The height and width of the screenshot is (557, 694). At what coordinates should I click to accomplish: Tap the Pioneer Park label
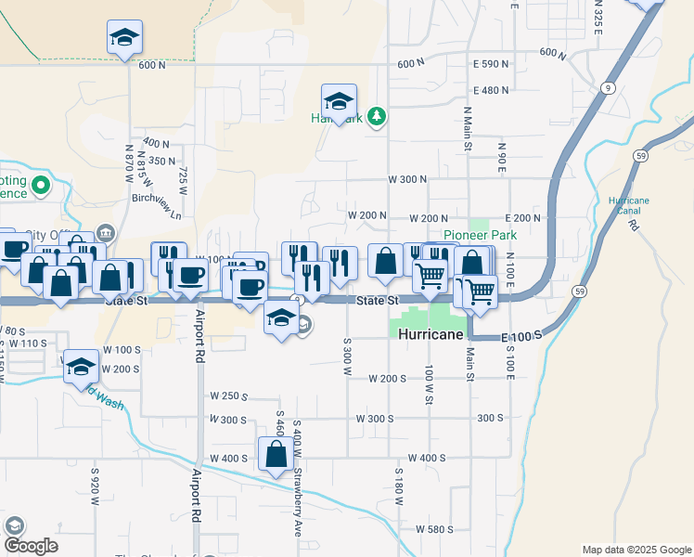tap(479, 236)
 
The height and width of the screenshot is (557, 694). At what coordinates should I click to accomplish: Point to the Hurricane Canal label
tap(629, 206)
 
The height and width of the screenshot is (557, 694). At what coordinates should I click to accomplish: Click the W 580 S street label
tap(434, 529)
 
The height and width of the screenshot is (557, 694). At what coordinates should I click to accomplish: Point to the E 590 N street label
tap(491, 64)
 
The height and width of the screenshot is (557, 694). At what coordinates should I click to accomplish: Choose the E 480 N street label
tap(491, 91)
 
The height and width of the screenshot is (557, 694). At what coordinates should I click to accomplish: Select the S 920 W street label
tap(95, 486)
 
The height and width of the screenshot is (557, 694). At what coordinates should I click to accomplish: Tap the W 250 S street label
tap(229, 396)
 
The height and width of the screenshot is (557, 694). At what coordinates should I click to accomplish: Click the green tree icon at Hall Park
tap(377, 116)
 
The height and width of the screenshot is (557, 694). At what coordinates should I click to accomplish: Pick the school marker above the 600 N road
tap(123, 37)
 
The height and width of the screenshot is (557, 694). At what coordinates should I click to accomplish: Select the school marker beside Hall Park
tap(339, 100)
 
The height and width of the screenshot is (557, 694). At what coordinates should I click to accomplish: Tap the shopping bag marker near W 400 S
tap(276, 455)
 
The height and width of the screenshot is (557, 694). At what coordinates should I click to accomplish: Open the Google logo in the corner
tap(30, 546)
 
